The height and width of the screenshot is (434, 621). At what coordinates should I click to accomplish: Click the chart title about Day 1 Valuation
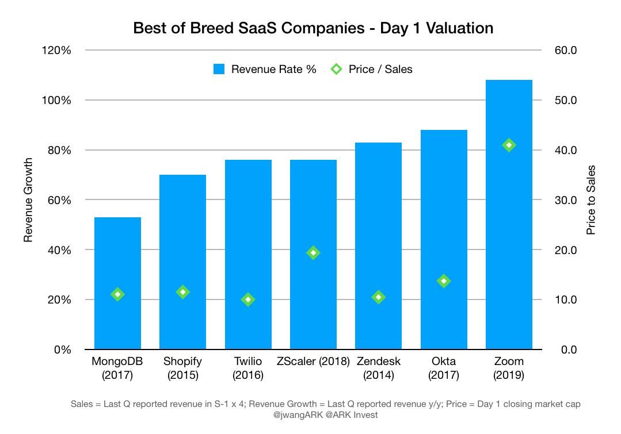(x=313, y=28)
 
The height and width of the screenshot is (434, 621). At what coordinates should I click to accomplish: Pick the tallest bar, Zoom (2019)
(x=509, y=230)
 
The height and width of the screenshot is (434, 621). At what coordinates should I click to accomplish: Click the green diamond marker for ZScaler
(x=313, y=252)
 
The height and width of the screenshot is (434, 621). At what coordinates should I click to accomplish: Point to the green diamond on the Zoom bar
(x=509, y=145)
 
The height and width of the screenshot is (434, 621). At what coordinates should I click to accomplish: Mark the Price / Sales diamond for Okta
(x=444, y=281)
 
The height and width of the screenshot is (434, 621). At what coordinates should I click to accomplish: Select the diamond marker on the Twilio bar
(x=248, y=299)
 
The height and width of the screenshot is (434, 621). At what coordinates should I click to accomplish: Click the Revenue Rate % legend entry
(x=265, y=70)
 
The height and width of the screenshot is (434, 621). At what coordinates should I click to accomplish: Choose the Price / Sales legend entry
(x=372, y=70)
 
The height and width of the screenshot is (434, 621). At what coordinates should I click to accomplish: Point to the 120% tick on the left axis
(x=56, y=51)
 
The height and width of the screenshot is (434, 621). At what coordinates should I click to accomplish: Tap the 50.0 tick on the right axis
(x=566, y=101)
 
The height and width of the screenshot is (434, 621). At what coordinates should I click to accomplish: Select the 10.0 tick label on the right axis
(x=566, y=300)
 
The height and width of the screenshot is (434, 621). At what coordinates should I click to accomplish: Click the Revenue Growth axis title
(x=28, y=200)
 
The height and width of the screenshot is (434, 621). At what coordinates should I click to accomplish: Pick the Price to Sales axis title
(x=590, y=200)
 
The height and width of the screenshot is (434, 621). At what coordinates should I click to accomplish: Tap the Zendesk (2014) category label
(x=378, y=368)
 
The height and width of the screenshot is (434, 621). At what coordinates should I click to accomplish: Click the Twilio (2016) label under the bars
(x=248, y=368)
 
